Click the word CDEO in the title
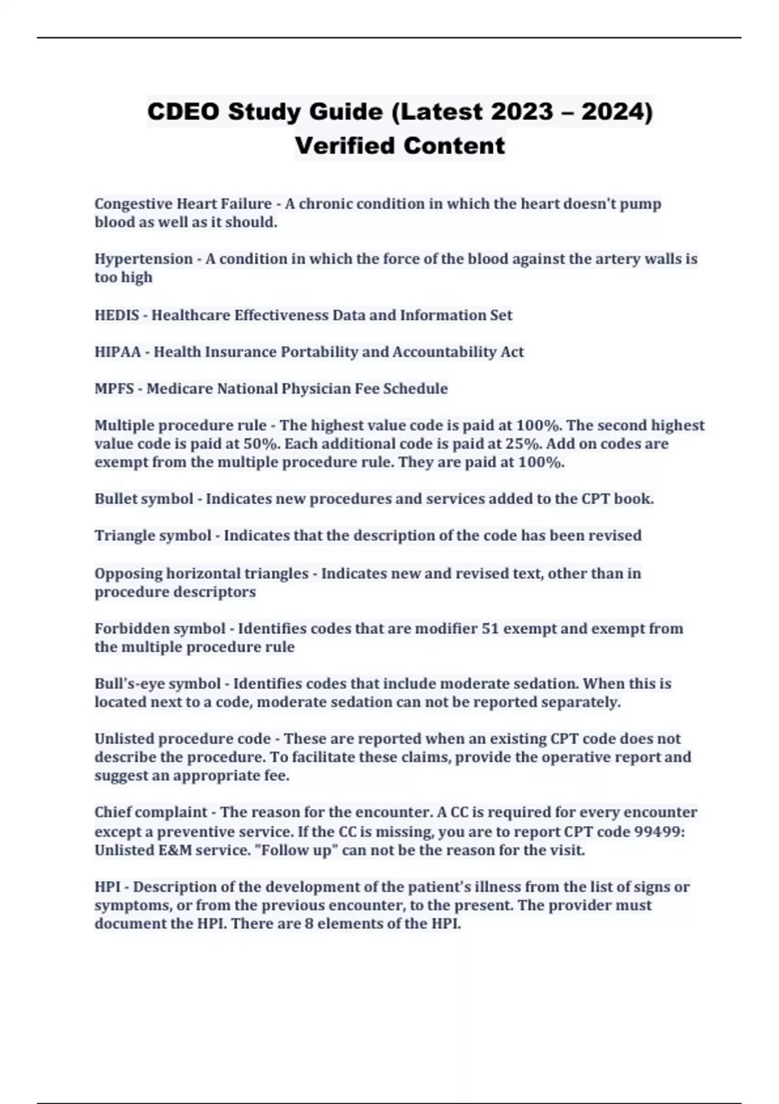point(183,112)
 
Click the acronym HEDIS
point(117,316)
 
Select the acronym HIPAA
point(117,352)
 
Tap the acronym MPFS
point(114,389)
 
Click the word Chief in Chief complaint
point(112,812)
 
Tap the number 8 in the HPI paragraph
point(309,924)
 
